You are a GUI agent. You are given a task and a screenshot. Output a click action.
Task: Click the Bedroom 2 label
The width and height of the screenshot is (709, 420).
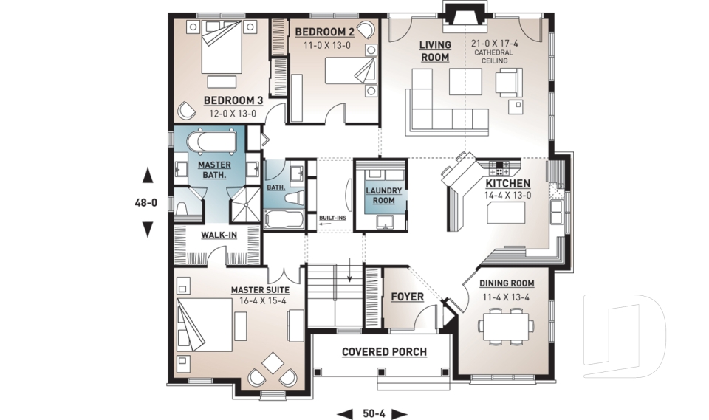(x=324, y=32)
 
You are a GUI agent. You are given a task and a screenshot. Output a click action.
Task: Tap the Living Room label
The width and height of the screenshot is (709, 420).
(x=435, y=51)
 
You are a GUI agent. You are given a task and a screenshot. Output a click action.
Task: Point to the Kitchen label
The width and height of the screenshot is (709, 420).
(x=507, y=183)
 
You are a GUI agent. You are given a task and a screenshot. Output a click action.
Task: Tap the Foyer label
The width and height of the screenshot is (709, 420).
(x=407, y=297)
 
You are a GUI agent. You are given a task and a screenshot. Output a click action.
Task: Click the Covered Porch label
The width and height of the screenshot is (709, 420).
(x=384, y=351)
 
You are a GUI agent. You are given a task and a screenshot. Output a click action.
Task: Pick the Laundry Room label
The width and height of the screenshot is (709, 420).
(x=384, y=196)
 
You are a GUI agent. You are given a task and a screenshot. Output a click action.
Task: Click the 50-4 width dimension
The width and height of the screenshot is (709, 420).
(x=372, y=413)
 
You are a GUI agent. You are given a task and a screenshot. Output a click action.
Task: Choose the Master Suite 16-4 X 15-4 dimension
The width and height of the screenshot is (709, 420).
(x=259, y=301)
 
